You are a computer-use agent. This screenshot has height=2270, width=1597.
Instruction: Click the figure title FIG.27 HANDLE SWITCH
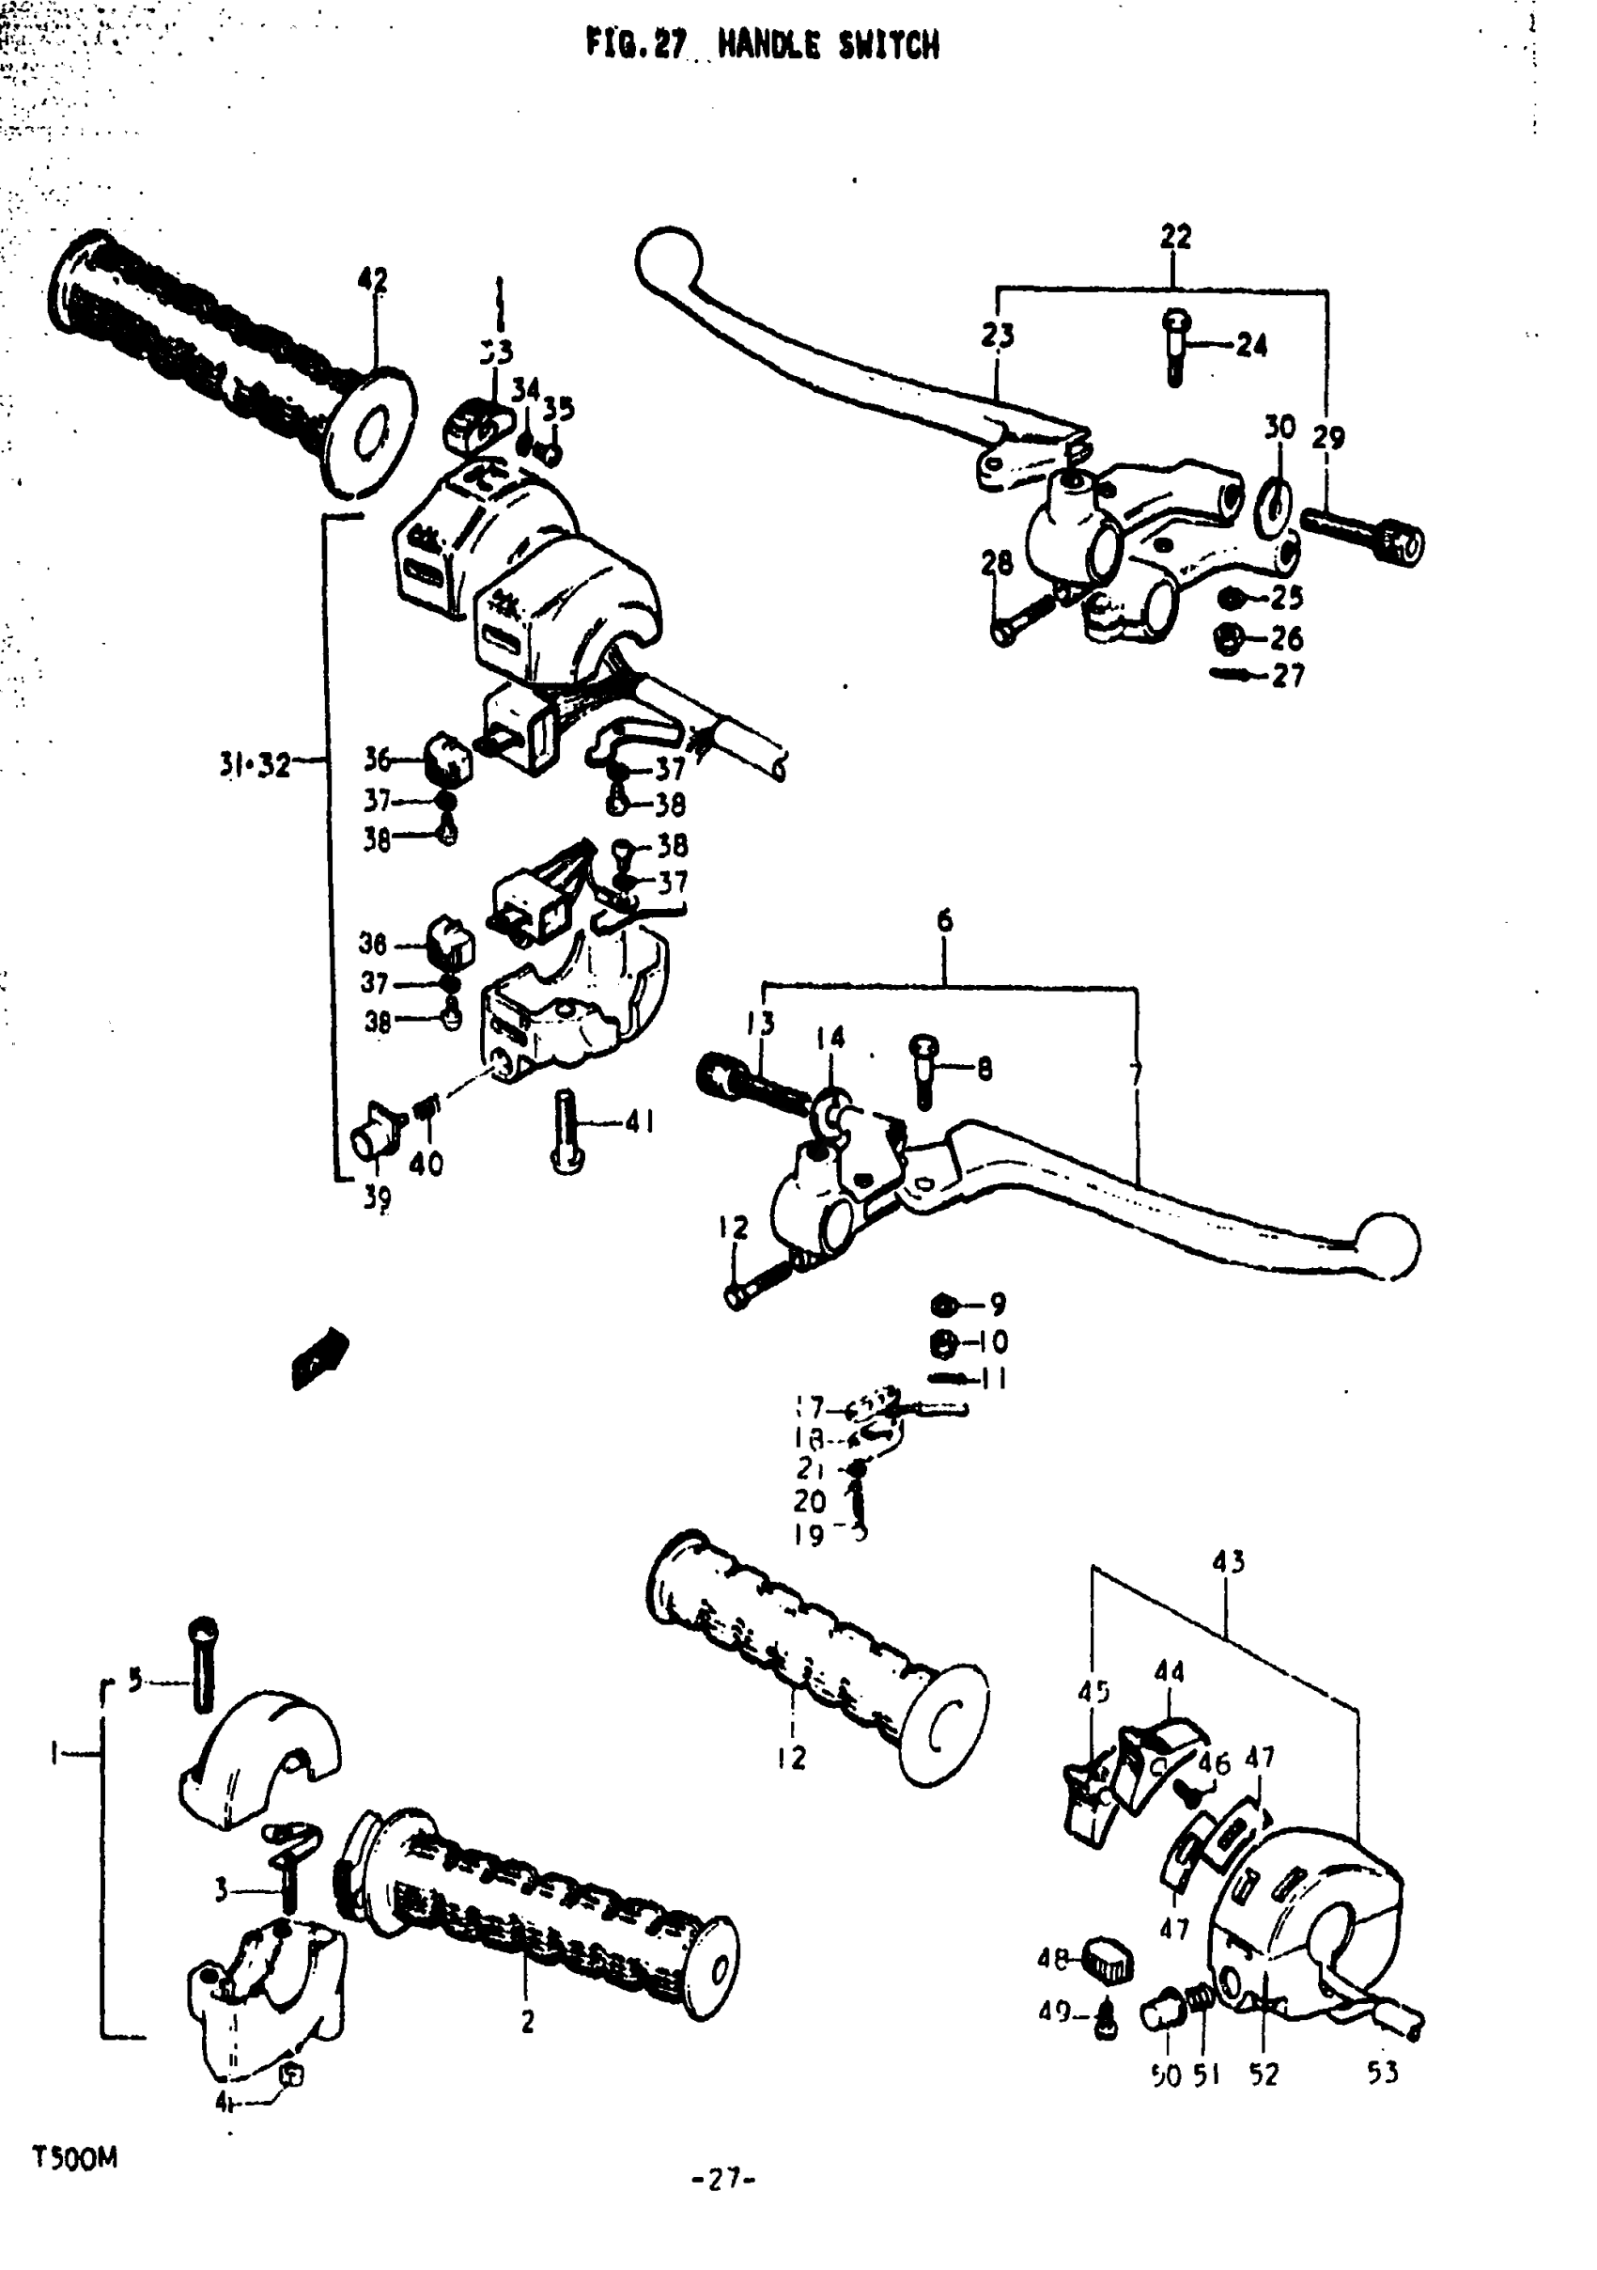pos(762,45)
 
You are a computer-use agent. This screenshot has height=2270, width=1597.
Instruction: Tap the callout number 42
pos(373,281)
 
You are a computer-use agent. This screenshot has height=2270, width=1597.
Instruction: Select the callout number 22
pos(1175,236)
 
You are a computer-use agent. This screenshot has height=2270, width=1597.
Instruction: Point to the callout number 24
pos(1251,345)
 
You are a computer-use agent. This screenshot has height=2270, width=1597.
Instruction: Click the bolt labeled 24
pos(1175,349)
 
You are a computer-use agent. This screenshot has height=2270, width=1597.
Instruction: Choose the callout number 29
pos(1328,437)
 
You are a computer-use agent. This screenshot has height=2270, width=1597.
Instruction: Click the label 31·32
pos(255,764)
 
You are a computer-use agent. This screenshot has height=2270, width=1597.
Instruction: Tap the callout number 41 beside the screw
pos(640,1121)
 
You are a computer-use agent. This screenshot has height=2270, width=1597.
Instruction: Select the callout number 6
pos(945,920)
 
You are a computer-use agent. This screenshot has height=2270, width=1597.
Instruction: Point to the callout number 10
pos(992,1341)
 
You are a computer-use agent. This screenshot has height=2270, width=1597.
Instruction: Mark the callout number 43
pos(1228,1561)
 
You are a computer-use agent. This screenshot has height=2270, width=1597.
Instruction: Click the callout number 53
pos(1383,2073)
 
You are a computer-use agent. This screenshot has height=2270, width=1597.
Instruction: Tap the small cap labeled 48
pos(1109,1960)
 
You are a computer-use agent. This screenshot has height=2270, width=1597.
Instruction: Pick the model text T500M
pos(75,2157)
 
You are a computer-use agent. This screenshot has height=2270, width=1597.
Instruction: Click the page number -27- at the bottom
pos(723,2179)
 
